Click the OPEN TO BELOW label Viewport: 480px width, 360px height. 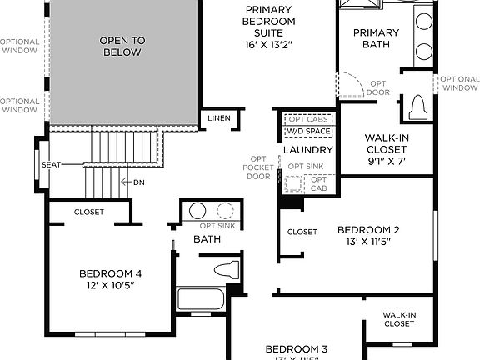(x=121, y=46)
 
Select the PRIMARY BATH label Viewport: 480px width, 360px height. (x=376, y=39)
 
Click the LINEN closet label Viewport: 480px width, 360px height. (x=218, y=117)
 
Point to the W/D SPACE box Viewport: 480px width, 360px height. (x=308, y=132)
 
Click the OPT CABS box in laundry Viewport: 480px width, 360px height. (x=308, y=119)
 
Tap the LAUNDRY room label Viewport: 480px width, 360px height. (x=307, y=150)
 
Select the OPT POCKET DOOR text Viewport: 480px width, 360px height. (x=258, y=167)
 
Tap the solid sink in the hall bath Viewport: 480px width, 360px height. (x=197, y=210)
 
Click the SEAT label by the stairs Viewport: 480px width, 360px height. (x=51, y=165)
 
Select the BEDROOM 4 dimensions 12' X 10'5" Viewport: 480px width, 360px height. (x=111, y=285)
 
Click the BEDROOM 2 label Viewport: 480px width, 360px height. (x=368, y=230)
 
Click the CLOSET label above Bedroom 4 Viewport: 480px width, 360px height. (x=89, y=212)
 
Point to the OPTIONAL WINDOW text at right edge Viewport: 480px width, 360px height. (x=460, y=83)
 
